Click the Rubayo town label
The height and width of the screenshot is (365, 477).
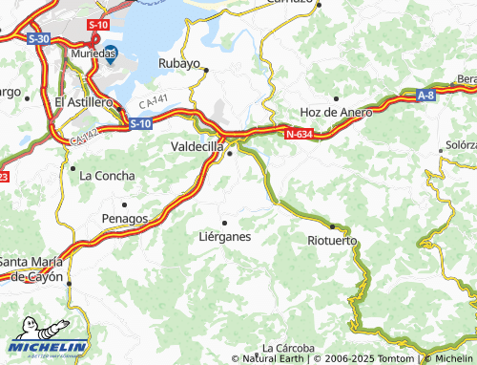179,64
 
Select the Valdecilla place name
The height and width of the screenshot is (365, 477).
197,147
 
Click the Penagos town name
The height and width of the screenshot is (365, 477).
124,218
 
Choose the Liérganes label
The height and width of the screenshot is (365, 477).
224,235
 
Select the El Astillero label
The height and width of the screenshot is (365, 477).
84,101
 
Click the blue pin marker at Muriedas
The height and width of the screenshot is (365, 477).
110,54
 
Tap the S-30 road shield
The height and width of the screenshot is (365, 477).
38,38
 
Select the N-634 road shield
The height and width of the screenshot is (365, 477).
299,134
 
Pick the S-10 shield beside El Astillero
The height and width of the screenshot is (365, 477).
139,123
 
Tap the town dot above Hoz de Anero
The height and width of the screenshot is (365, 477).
336,97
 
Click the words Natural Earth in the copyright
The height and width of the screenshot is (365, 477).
275,359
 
